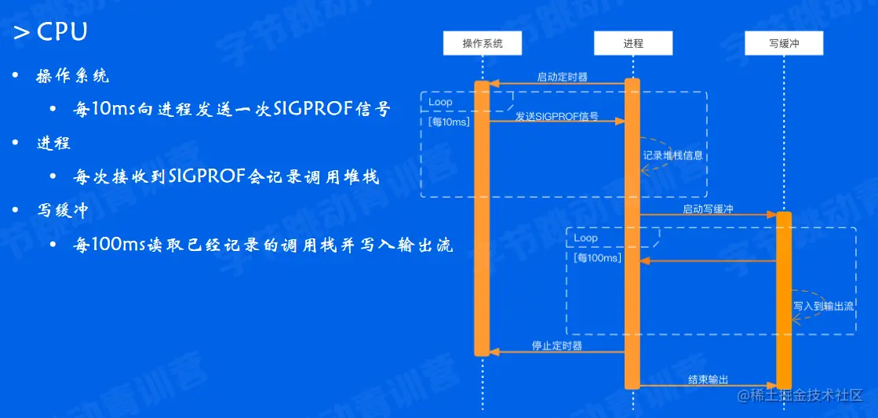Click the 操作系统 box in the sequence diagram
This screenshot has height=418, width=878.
coord(482,44)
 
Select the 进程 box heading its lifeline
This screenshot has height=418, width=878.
coord(632,44)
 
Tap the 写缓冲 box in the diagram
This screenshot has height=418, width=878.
coord(783,44)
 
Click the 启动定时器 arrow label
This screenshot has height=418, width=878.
coord(562,77)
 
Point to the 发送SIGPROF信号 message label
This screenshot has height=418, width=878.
coord(557,116)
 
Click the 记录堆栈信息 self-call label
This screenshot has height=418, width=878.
coord(673,155)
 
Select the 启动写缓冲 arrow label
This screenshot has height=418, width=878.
coord(708,209)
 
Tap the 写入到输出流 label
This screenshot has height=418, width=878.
coord(823,306)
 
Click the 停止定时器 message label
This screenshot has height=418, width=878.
coord(557,346)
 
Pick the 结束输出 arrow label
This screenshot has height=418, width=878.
coord(708,380)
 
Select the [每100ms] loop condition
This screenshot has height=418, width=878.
coord(597,257)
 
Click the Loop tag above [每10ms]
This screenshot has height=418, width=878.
coord(440,102)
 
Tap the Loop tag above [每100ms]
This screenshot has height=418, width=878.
coord(586,238)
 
